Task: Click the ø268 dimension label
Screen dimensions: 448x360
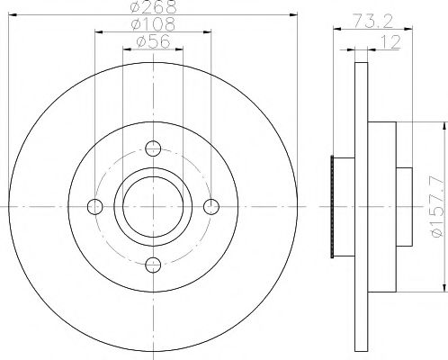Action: tap(153, 6)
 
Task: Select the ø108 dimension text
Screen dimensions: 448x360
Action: tap(153, 24)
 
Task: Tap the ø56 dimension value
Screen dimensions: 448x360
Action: tap(153, 41)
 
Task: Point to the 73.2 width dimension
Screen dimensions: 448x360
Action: tap(373, 22)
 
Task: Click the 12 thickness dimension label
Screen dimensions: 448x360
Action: tap(390, 41)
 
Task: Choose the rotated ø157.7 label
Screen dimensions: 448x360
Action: tap(437, 207)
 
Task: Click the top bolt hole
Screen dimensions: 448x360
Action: tap(153, 148)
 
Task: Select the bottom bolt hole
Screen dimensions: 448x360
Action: tap(153, 265)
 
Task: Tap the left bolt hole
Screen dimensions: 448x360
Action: tap(95, 207)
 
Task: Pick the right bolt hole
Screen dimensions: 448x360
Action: tap(211, 207)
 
